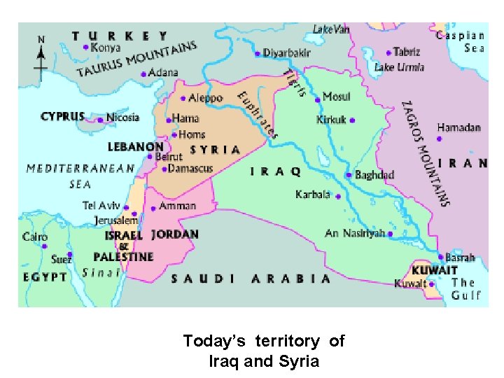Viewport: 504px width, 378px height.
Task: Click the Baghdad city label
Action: pyautogui.click(x=374, y=175)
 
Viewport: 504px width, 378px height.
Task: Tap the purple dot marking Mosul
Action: pyautogui.click(x=318, y=99)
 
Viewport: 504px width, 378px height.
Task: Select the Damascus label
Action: pyautogui.click(x=190, y=169)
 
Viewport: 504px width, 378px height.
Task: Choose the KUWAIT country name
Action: pyautogui.click(x=434, y=270)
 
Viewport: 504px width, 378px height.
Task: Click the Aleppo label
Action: pyautogui.click(x=206, y=98)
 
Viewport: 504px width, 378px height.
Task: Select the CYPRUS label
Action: pyautogui.click(x=62, y=117)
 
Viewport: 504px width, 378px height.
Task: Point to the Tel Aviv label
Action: pyautogui.click(x=101, y=206)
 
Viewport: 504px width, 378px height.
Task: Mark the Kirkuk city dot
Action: pyautogui.click(x=352, y=120)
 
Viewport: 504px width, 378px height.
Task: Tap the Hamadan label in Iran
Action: pyautogui.click(x=459, y=127)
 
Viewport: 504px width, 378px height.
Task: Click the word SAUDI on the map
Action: pyautogui.click(x=204, y=279)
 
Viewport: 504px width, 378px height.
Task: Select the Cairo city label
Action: pyautogui.click(x=35, y=237)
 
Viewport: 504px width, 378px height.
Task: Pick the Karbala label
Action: pyautogui.click(x=314, y=194)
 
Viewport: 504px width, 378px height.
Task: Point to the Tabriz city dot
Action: pyautogui.click(x=388, y=52)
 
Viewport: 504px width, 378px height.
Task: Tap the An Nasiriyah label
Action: pyautogui.click(x=354, y=233)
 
